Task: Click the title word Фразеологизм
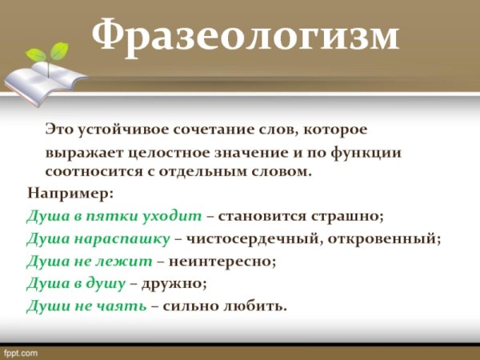tap(245, 36)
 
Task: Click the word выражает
tap(81, 151)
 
